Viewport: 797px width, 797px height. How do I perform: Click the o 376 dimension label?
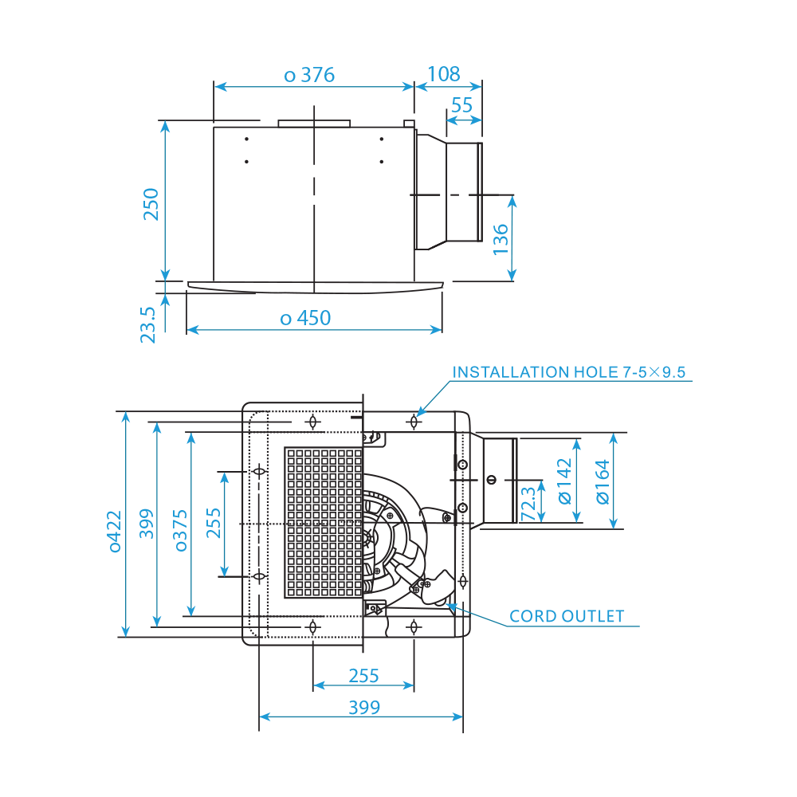pos(309,76)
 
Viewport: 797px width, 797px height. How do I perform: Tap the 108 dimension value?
pos(444,75)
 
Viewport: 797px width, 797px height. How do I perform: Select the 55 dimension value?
pos(461,105)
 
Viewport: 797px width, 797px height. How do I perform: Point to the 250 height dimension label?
pos(151,203)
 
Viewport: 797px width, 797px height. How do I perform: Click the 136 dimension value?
pos(501,239)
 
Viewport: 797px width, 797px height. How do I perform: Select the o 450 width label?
pos(305,318)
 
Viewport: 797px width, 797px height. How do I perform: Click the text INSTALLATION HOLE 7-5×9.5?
pos(569,372)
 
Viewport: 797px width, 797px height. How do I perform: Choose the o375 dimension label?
pos(181,531)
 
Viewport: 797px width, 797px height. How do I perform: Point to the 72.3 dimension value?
pos(528,505)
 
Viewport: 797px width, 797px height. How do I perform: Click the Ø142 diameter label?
pos(564,481)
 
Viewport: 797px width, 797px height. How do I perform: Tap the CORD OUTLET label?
pos(567,616)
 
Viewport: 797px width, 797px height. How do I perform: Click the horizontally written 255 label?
pos(363,676)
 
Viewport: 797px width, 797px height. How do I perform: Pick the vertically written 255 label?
pos(214,524)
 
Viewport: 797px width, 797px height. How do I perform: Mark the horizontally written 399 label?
pos(363,707)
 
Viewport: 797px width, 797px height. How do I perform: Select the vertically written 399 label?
pos(147,524)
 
